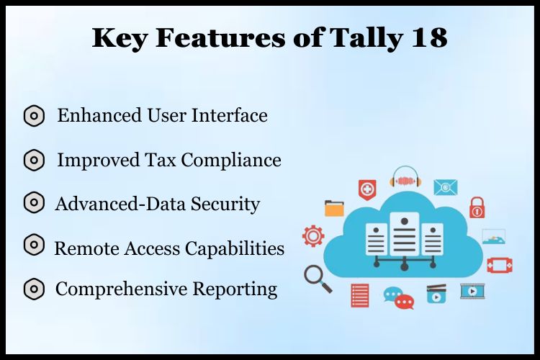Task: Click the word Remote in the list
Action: tap(84, 248)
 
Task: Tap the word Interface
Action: tap(230, 115)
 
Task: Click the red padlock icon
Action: tap(477, 207)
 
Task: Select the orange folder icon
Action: tap(334, 208)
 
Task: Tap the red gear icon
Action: tap(313, 235)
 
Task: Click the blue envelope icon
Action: tap(446, 188)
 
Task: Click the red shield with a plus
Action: tap(367, 189)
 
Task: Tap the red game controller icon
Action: tap(499, 265)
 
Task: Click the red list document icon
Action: tap(360, 295)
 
